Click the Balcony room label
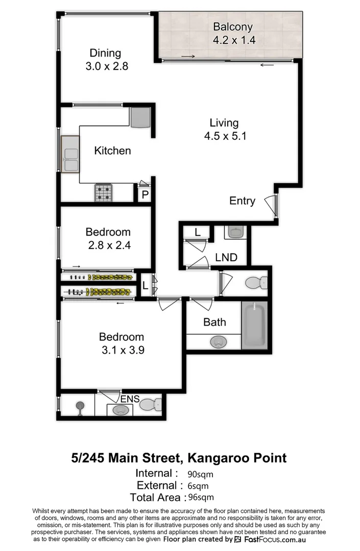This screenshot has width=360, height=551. click(x=233, y=27)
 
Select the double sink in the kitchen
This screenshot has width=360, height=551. click(x=70, y=154)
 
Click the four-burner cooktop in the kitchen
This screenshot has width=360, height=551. click(x=104, y=192)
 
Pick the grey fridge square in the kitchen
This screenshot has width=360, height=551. click(x=140, y=117)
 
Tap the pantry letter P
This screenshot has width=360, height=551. click(x=145, y=195)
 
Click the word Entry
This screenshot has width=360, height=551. click(x=242, y=201)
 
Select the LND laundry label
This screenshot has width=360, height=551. click(x=226, y=258)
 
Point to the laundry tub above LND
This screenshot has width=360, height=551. click(x=235, y=232)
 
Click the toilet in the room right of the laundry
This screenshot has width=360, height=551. click(x=256, y=282)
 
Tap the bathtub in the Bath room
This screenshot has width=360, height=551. click(x=254, y=324)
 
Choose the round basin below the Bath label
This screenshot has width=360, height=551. click(x=219, y=341)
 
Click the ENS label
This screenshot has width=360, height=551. click(x=130, y=398)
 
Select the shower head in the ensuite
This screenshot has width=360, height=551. click(x=80, y=407)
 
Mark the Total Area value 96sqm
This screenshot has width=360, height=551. click(x=201, y=497)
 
